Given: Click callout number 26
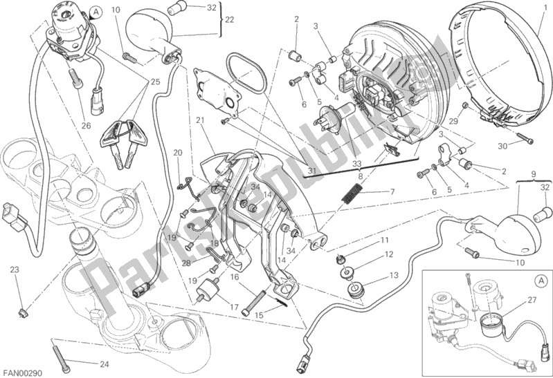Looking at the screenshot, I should pos(86,125).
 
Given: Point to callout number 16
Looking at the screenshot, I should pos(235,276).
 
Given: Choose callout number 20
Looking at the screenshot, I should pos(176,153).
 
